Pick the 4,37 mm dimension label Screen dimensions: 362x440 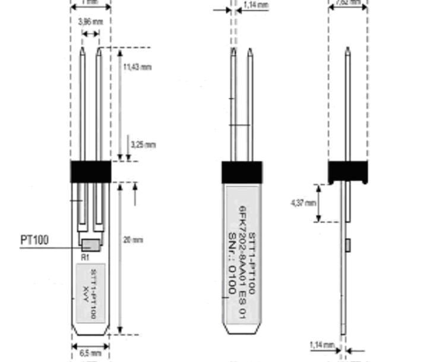click(299, 202)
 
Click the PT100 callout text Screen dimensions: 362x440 click(34, 240)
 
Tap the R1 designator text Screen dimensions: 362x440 click(84, 256)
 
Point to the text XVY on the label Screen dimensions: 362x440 click(86, 294)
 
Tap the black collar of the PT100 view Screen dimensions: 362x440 click(90, 171)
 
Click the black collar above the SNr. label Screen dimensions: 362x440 click(242, 172)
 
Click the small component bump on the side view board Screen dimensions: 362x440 click(349, 243)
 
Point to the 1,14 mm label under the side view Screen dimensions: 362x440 click(321, 344)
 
